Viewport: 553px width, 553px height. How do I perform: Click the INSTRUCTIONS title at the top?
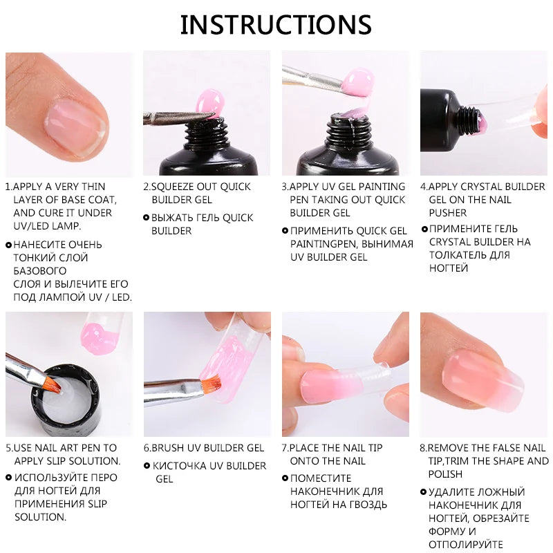[276, 24]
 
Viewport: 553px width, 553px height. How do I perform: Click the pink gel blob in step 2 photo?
[207, 102]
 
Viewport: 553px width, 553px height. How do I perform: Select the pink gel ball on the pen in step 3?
[359, 83]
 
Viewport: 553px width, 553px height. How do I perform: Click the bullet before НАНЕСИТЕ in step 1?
[8, 245]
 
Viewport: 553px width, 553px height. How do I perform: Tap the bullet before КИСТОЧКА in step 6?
[146, 466]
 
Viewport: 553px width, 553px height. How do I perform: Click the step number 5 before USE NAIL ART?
[8, 448]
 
